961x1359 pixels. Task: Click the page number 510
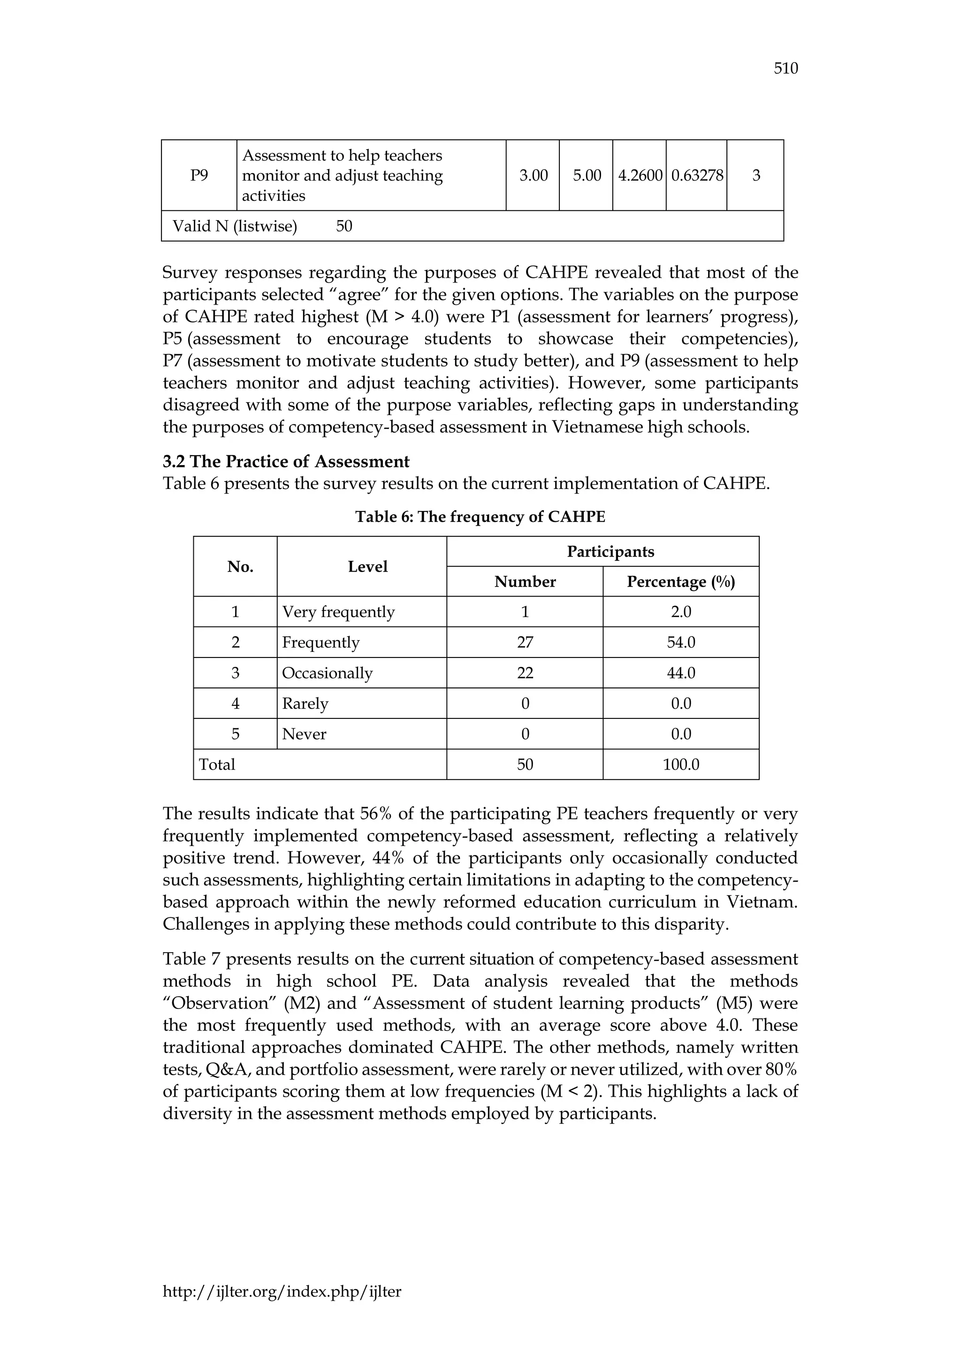(785, 69)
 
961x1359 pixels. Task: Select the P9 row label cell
(199, 175)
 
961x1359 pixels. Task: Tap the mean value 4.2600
(639, 175)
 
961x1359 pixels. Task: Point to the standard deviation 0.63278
(696, 175)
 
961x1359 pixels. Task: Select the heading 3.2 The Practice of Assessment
(286, 461)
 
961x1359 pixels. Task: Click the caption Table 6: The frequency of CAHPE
(480, 517)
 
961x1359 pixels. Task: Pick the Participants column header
(610, 552)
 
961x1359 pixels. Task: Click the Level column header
(367, 566)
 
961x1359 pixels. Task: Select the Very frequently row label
(338, 611)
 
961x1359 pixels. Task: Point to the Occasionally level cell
(327, 673)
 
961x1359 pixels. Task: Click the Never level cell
(304, 734)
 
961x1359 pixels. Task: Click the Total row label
(217, 765)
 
